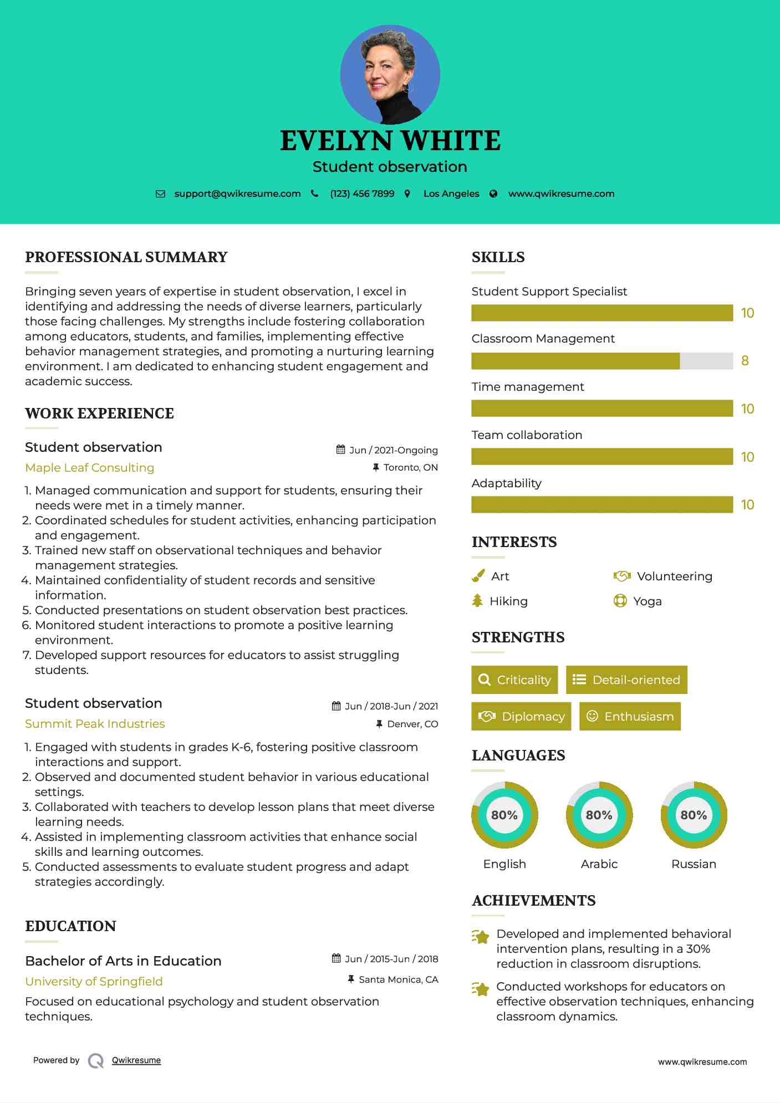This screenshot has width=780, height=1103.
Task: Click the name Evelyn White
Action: [390, 141]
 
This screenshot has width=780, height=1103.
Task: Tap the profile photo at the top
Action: [390, 74]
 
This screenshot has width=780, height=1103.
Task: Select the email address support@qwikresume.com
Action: [237, 194]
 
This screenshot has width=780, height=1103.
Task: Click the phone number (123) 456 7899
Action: [362, 194]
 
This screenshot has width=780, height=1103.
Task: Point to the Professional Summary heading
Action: [126, 257]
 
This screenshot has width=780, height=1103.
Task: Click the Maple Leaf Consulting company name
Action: [89, 468]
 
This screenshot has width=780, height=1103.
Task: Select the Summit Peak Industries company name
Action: [95, 724]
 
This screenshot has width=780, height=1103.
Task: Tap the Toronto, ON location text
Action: [410, 468]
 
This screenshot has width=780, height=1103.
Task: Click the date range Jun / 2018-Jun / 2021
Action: [391, 706]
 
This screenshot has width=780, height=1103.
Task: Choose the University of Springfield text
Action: [94, 982]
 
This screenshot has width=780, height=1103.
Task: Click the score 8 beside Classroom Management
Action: [745, 361]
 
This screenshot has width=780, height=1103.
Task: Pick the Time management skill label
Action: [528, 387]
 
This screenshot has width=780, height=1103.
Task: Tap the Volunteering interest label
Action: [674, 576]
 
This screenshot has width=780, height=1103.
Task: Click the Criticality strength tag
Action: [514, 680]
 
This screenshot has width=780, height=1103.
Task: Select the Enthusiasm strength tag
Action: [630, 717]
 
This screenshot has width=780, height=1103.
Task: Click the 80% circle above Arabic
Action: [599, 815]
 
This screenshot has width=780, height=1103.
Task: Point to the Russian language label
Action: [694, 864]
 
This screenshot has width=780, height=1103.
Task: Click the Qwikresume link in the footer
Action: [136, 1060]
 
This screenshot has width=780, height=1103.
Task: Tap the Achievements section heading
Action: [533, 901]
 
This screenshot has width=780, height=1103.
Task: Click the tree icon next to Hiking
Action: [477, 601]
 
